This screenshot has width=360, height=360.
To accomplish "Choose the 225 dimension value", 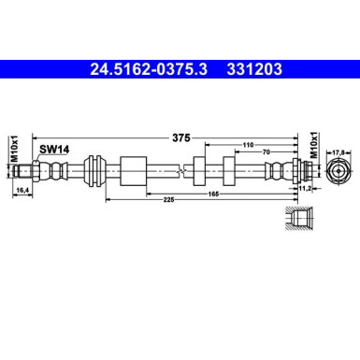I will coord(139,197).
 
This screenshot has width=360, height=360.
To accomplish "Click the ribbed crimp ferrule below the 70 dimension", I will coord(277,170).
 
